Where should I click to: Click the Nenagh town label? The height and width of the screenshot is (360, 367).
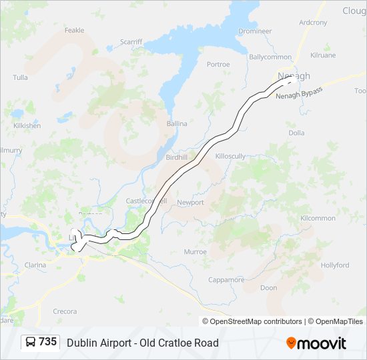(x=294, y=76)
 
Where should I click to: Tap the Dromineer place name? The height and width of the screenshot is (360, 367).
(x=255, y=31)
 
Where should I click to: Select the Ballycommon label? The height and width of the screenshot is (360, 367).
(x=270, y=57)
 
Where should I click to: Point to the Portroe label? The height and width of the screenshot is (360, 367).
(x=218, y=65)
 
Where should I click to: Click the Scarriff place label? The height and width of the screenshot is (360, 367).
(x=131, y=41)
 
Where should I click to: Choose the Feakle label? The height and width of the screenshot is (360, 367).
(x=74, y=30)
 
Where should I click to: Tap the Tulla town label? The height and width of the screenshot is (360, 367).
(x=20, y=78)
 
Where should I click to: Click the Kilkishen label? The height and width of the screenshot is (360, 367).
(x=26, y=125)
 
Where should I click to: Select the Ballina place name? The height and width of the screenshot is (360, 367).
(x=177, y=123)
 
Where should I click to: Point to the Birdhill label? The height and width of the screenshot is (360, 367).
(x=177, y=157)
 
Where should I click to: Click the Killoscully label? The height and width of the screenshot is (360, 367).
(x=231, y=155)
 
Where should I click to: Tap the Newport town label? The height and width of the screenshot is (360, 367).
(x=190, y=202)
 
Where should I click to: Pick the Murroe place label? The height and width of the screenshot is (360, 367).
(x=195, y=252)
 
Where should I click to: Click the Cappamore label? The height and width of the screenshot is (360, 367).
(x=226, y=280)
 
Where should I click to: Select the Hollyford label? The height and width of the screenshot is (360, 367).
(x=334, y=265)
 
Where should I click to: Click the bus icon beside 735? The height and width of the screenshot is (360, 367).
(x=31, y=342)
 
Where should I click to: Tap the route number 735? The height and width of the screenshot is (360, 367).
(x=48, y=342)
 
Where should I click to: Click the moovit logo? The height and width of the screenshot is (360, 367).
(x=316, y=343)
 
